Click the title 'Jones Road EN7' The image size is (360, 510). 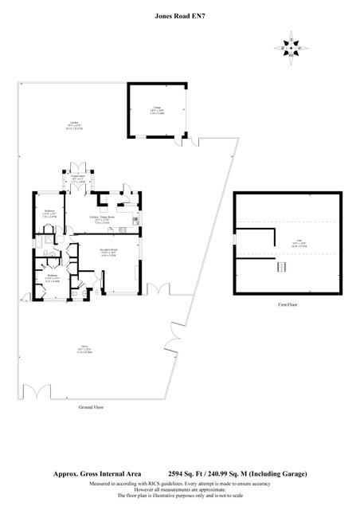pos(179,14)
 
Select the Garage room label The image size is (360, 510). pos(157,112)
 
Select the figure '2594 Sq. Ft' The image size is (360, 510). pos(187,473)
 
